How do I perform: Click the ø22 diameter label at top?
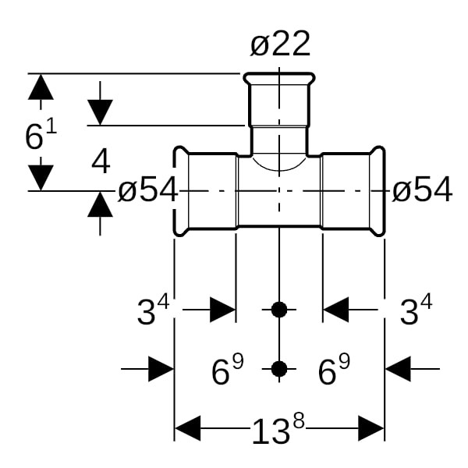(280, 44)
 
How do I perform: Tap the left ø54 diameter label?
(148, 190)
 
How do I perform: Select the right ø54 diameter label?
(422, 190)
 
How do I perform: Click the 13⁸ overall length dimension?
(278, 430)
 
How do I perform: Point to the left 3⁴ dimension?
(153, 312)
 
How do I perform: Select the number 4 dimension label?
(101, 163)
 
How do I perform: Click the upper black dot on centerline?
(279, 310)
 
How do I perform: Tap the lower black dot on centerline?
(279, 368)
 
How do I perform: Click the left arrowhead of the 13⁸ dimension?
(188, 428)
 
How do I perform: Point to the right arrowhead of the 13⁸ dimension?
(370, 428)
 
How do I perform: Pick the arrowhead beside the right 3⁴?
(336, 310)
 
